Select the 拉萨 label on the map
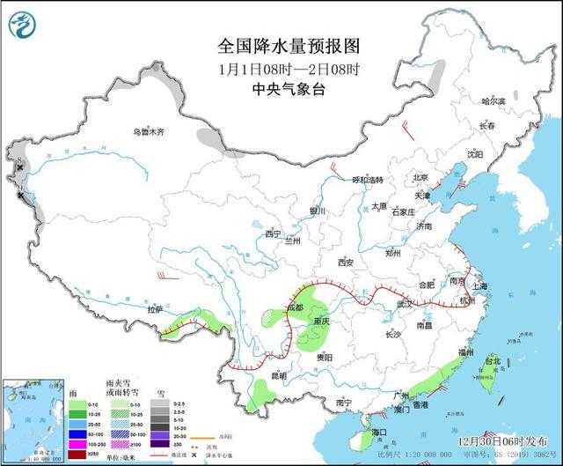pos(156,309)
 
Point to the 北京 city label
pos(420,178)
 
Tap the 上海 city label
pos(480,286)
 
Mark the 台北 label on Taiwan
pos(493,361)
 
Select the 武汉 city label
pos(405,303)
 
